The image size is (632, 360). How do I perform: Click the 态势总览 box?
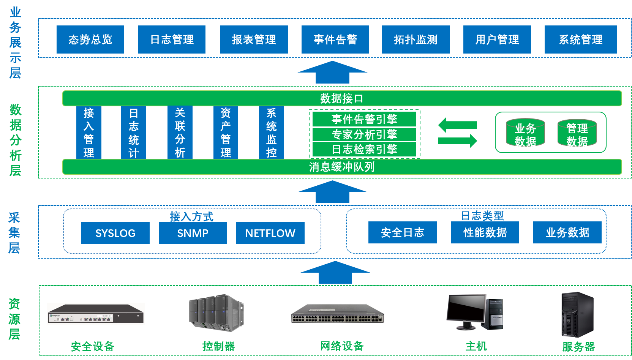(90, 39)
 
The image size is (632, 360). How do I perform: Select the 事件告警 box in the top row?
(335, 39)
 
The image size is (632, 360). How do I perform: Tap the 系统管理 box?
(580, 39)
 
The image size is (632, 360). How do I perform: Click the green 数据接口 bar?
(342, 98)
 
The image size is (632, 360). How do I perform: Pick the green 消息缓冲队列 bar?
(342, 167)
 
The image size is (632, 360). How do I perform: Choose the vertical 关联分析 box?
(180, 133)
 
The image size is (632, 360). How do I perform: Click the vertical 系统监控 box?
(271, 133)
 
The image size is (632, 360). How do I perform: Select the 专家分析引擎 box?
(364, 134)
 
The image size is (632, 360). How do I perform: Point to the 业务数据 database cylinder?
(525, 133)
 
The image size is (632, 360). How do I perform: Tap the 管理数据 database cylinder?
(577, 133)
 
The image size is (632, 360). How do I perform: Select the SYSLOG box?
(115, 233)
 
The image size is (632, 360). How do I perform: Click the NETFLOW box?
(270, 233)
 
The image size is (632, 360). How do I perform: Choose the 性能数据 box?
(485, 232)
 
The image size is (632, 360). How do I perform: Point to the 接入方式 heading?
(191, 216)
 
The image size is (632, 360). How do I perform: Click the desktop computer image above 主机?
(474, 312)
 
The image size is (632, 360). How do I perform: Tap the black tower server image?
(578, 314)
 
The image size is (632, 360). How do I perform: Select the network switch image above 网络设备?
(337, 313)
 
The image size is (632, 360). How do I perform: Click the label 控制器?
(218, 346)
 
